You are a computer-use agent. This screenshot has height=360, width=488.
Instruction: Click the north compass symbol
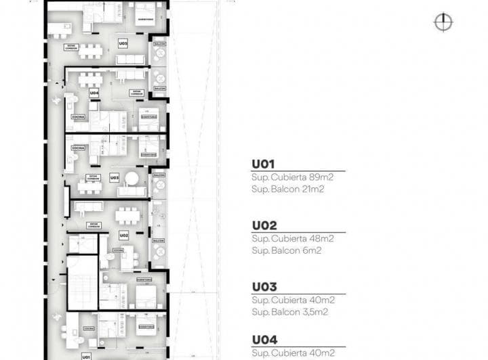[x=443, y=22]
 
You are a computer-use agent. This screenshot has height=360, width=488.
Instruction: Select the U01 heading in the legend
[x=264, y=164]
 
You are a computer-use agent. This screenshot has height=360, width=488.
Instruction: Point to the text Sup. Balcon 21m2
[x=287, y=189]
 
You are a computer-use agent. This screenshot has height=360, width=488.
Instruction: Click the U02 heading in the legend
[x=264, y=225]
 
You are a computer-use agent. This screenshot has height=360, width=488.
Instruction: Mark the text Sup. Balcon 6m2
[x=285, y=250]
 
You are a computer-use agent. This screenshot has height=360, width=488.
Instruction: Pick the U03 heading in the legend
[x=264, y=287]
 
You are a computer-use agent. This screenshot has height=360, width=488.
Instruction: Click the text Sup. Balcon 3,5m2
[x=289, y=312]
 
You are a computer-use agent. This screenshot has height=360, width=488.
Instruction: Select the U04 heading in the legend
[x=264, y=341]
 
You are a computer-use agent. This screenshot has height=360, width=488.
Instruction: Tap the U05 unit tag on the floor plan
[x=123, y=43]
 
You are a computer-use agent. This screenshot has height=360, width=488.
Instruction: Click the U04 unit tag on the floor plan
[x=94, y=92]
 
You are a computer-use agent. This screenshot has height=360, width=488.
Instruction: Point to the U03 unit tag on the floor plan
[x=114, y=177]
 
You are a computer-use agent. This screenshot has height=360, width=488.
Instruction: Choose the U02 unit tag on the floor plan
[x=123, y=235]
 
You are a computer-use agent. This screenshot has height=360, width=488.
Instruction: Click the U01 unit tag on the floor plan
[x=86, y=356]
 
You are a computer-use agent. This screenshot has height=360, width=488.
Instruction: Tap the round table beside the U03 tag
[x=133, y=179]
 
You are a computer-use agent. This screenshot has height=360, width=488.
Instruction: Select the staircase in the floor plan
[x=83, y=280]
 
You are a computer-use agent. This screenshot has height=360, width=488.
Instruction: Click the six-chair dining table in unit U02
[x=127, y=215]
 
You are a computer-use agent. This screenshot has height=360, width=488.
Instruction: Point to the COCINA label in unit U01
[x=88, y=329]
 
